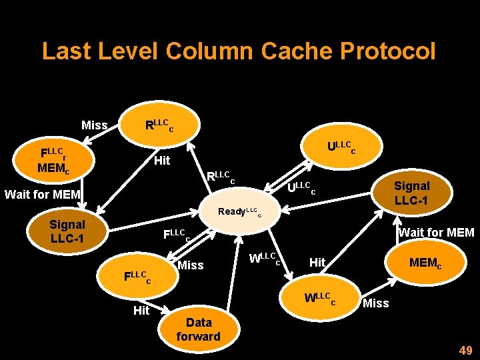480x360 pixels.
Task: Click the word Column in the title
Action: (210, 51)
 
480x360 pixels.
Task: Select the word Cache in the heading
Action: (292, 51)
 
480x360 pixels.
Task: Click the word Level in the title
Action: (125, 51)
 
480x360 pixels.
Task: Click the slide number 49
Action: (465, 351)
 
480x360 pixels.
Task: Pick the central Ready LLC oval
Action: (239, 211)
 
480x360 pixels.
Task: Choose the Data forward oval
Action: (198, 329)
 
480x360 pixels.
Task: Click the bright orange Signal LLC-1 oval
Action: (411, 192)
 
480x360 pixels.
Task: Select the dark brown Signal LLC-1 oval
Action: (67, 231)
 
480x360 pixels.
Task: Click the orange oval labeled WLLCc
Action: (320, 299)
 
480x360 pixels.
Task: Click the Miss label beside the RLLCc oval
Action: (94, 125)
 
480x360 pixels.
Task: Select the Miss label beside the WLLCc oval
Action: (375, 303)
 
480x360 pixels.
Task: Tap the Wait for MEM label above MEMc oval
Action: (436, 232)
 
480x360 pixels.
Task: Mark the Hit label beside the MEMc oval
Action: (317, 263)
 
